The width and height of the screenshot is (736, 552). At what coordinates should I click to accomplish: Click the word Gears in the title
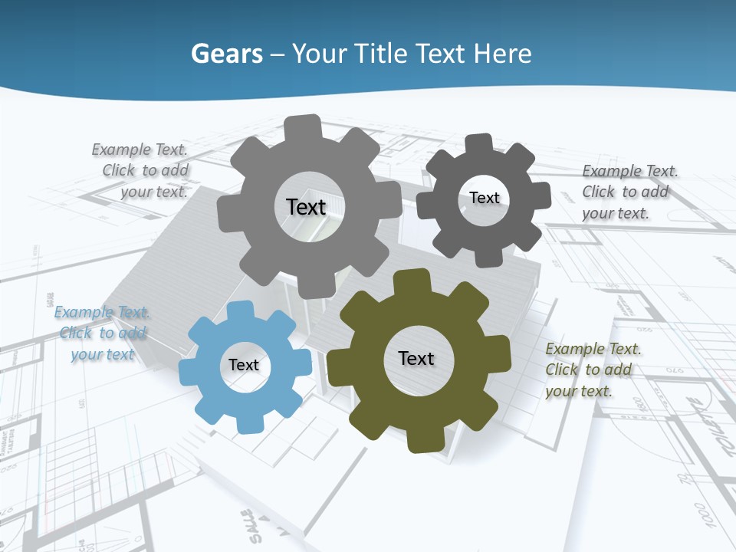click(x=226, y=54)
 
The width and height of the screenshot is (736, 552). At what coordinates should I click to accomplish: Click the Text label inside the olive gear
click(x=416, y=358)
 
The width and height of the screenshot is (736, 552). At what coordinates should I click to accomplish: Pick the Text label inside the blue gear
click(x=244, y=366)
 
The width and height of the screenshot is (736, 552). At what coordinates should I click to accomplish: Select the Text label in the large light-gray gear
click(x=306, y=207)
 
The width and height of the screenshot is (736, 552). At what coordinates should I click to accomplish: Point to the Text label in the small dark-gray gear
click(x=485, y=198)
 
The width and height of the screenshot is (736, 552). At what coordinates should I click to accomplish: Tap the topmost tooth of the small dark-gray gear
click(x=480, y=143)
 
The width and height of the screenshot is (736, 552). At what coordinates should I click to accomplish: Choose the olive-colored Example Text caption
click(x=592, y=370)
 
